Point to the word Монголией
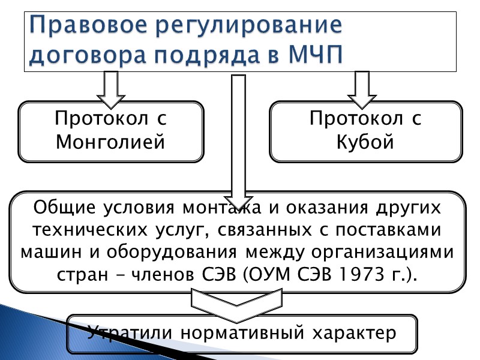click(110, 142)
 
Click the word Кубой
click(365, 142)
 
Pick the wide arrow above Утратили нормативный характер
click(238, 302)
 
